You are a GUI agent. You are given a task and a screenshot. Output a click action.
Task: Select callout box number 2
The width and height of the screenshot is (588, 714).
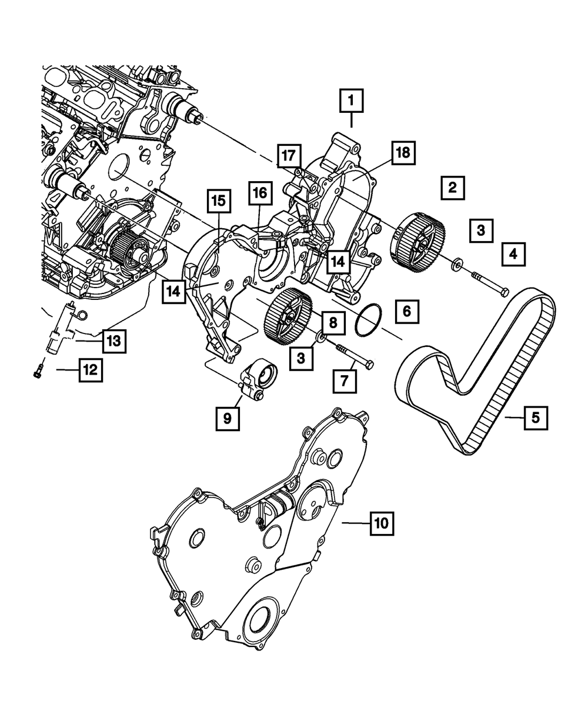(452, 188)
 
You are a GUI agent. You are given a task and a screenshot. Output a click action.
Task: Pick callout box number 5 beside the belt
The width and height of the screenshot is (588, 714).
(535, 418)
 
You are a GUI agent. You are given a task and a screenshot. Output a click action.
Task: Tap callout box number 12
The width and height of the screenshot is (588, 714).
(89, 370)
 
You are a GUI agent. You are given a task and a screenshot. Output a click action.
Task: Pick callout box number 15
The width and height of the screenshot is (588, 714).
(218, 201)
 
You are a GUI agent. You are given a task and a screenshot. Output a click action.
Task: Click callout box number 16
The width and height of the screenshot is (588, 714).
(260, 192)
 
